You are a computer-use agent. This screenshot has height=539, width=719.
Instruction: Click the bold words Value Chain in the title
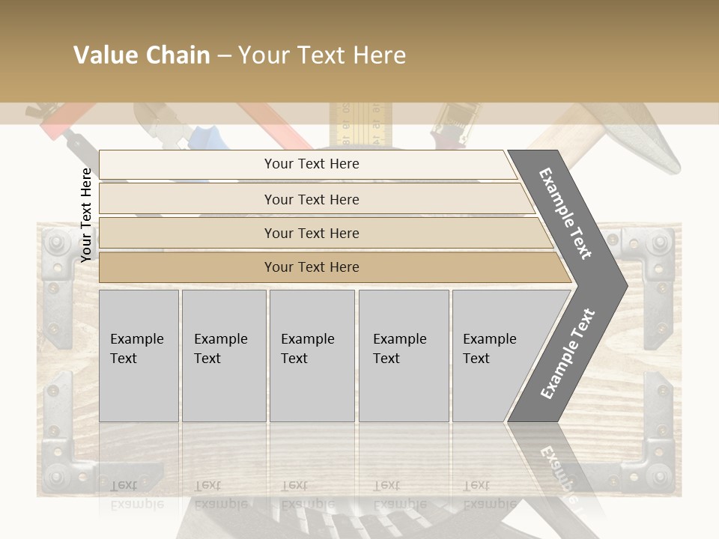pyautogui.click(x=142, y=55)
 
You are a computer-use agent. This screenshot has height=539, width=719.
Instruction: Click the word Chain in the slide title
pyautogui.click(x=178, y=55)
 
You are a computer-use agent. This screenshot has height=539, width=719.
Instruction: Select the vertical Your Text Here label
pyautogui.click(x=86, y=215)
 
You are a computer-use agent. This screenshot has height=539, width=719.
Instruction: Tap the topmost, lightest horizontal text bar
pyautogui.click(x=311, y=164)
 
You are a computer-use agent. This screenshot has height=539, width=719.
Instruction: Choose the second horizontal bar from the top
pyautogui.click(x=311, y=199)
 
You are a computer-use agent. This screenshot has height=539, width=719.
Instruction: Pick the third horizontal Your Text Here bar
pyautogui.click(x=311, y=233)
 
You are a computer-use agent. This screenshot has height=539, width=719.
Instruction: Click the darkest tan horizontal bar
pyautogui.click(x=311, y=267)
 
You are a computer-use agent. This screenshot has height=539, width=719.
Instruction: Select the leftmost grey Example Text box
pyautogui.click(x=139, y=356)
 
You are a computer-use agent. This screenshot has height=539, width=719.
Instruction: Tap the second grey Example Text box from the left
pyautogui.click(x=223, y=356)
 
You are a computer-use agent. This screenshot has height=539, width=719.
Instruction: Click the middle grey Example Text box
pyautogui.click(x=312, y=356)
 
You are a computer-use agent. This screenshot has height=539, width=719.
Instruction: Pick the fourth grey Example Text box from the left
pyautogui.click(x=403, y=356)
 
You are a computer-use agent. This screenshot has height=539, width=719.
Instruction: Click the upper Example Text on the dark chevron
pyautogui.click(x=565, y=213)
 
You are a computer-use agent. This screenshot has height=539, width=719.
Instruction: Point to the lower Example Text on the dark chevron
pyautogui.click(x=567, y=353)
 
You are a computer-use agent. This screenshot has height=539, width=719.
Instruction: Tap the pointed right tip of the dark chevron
pyautogui.click(x=622, y=285)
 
